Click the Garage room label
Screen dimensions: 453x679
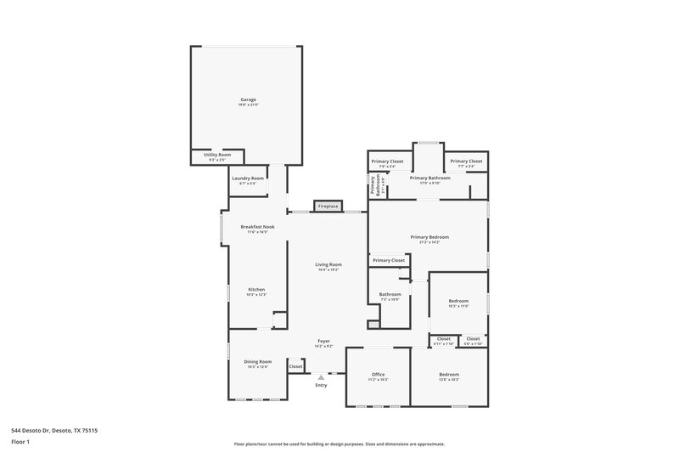point(248,100)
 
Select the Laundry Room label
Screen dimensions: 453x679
point(248,178)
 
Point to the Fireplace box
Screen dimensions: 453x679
point(327,207)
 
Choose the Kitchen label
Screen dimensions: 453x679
point(256,291)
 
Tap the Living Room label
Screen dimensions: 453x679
point(328,266)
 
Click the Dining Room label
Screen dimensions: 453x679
point(258,362)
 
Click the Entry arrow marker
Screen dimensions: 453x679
point(320,377)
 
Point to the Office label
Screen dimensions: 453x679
point(379,375)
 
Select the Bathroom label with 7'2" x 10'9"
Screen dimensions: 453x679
point(390,297)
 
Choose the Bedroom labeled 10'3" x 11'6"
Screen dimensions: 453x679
point(458,303)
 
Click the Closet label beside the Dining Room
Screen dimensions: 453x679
point(295,366)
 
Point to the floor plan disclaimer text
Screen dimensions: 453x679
point(339,444)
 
